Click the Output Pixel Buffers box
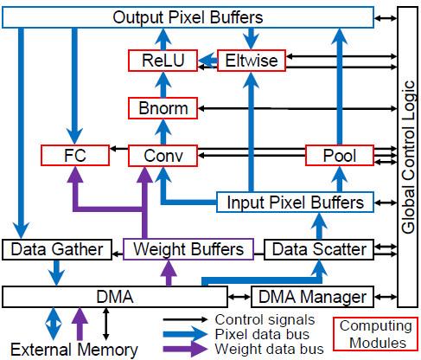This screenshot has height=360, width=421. tap(188, 17)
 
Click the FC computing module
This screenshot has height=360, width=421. tap(75, 156)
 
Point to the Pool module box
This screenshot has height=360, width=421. tap(340, 156)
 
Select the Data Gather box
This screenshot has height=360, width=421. tap(56, 249)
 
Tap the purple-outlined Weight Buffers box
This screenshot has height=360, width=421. tap(188, 249)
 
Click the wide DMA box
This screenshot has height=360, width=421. tap(121, 297)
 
